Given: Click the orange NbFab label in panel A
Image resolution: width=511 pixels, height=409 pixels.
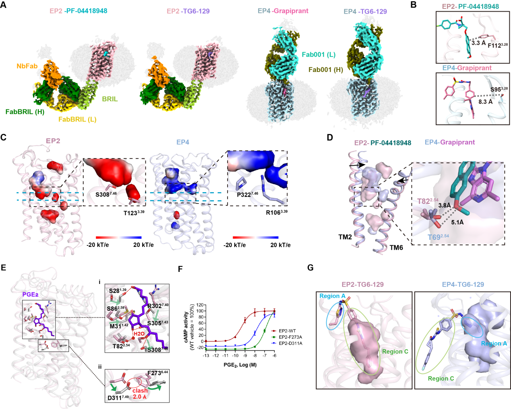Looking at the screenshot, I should (x=27, y=66).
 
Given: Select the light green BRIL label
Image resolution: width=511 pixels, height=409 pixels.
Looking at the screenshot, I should (x=110, y=99).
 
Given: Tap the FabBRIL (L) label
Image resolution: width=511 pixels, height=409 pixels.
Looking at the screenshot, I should (x=77, y=119).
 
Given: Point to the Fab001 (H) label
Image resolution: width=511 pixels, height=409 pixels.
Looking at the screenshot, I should (x=326, y=70).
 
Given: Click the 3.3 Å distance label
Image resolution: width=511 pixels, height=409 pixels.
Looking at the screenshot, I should (x=478, y=43).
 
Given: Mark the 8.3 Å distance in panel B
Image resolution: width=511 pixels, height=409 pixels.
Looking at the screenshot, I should (x=485, y=102).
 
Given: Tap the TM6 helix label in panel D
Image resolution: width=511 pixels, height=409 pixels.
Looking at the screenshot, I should (x=396, y=248).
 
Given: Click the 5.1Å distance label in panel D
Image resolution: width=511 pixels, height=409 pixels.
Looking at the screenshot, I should (x=457, y=222).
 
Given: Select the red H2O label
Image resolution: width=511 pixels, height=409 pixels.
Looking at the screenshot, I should (x=139, y=334).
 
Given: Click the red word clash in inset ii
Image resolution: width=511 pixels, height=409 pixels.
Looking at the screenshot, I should (x=140, y=391).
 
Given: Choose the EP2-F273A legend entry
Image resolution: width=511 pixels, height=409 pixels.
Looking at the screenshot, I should (x=290, y=337).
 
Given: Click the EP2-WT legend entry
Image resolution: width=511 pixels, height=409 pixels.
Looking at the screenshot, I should (x=288, y=331).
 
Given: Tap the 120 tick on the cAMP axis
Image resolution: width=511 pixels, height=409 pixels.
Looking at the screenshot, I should (x=201, y=306).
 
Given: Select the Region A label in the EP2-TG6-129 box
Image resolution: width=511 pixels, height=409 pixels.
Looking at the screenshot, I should (x=332, y=296).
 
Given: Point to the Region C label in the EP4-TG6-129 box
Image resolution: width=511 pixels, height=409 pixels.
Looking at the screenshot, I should (x=441, y=378).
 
